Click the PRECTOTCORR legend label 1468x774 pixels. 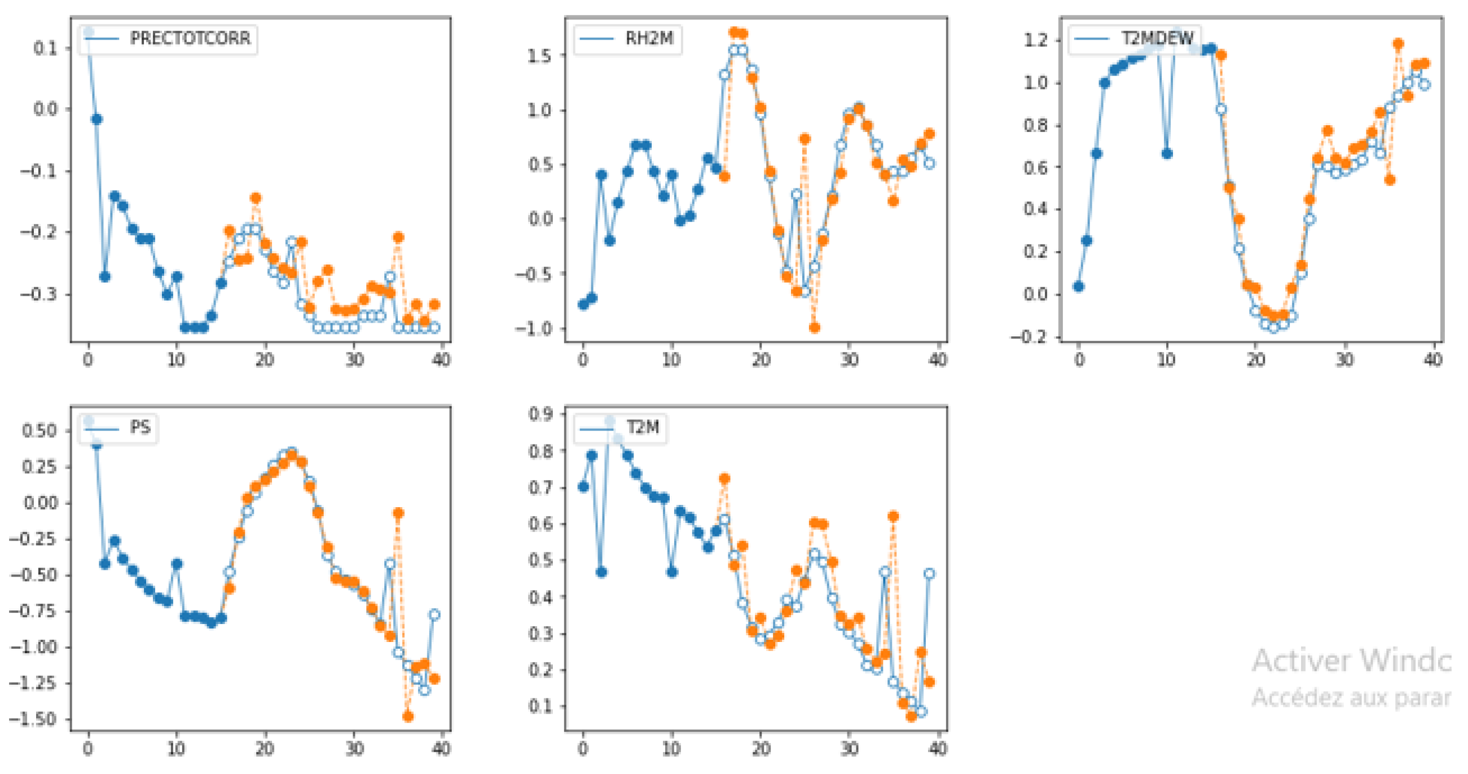pos(190,38)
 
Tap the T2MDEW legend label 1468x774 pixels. pos(1157,38)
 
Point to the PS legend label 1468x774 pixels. pos(140,427)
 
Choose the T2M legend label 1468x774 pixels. pos(642,427)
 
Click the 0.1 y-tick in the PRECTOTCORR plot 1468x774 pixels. pos(45,48)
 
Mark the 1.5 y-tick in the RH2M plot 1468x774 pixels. pos(539,56)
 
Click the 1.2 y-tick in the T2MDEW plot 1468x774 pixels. pos(1035,40)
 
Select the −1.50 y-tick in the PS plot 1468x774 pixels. pos(33,719)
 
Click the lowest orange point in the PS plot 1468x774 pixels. pos(407,716)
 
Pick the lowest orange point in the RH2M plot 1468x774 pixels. pos(814,328)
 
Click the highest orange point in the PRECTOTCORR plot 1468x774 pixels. pos(256,198)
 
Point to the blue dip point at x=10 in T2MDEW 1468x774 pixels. pos(1167,153)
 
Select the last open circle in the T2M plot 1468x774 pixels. pos(929,574)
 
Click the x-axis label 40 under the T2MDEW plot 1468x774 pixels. pos(1432,360)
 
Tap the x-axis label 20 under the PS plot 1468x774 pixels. pos(265,749)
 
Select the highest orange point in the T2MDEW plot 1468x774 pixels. pos(1398,43)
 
